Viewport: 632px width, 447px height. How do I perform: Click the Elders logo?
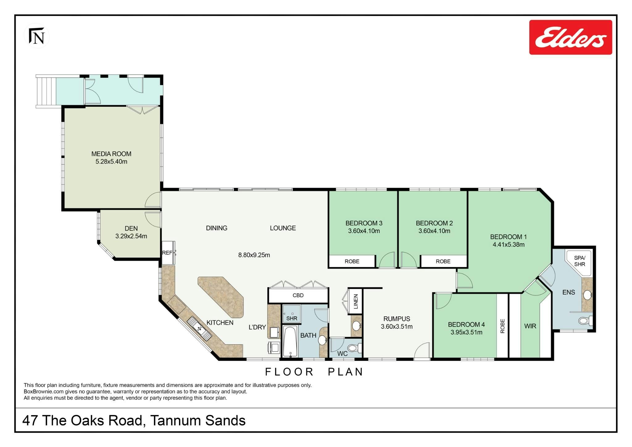coord(571,37)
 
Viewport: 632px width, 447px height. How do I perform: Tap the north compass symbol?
coord(37,36)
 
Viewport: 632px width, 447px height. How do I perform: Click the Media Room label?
coord(111,154)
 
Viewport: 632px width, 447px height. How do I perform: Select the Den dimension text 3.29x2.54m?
coord(131,236)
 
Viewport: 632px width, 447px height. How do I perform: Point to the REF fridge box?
coord(168,253)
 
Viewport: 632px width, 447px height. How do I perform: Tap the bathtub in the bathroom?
coord(290,341)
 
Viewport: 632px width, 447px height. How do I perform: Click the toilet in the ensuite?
coord(585,321)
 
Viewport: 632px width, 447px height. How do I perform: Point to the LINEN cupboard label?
coord(355,301)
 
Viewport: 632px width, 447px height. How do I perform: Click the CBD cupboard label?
coord(298,295)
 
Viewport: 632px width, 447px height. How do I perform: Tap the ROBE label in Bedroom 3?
coord(352,261)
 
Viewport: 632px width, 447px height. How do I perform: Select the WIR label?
coord(530,326)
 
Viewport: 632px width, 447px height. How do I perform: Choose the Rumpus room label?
coord(397,319)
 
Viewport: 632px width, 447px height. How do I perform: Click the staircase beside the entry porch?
coord(46,91)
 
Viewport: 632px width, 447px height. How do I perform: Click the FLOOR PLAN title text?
coord(314,372)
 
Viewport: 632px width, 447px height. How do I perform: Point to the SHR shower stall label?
coord(292,318)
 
